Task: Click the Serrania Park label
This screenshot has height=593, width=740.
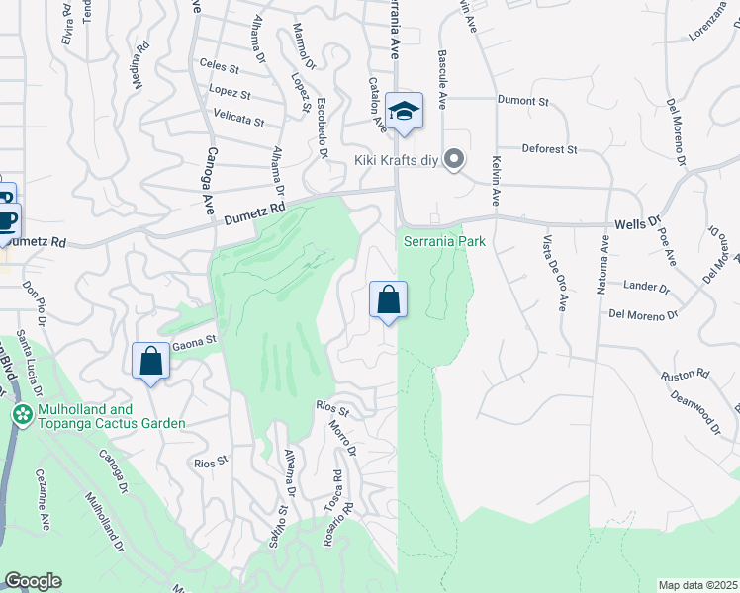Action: coord(444,241)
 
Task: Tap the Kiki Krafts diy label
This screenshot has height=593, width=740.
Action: coord(395,159)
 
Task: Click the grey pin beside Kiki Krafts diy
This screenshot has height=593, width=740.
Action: coord(454,158)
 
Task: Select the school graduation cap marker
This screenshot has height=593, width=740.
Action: coord(404,111)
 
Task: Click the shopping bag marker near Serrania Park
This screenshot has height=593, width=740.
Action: coord(389,299)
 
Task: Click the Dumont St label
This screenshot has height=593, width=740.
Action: coord(522,101)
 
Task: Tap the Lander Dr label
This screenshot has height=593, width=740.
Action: coord(645,287)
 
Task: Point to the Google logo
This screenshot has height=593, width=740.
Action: coord(33,581)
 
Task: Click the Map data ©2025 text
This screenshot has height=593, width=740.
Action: coord(697,585)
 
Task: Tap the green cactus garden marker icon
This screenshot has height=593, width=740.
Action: coord(20,415)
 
